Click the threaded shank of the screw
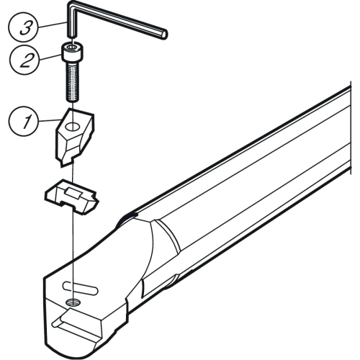73,81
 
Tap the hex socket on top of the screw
73,47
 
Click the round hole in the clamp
73,126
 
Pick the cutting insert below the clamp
72,197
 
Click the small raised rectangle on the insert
72,193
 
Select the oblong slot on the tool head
80,287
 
